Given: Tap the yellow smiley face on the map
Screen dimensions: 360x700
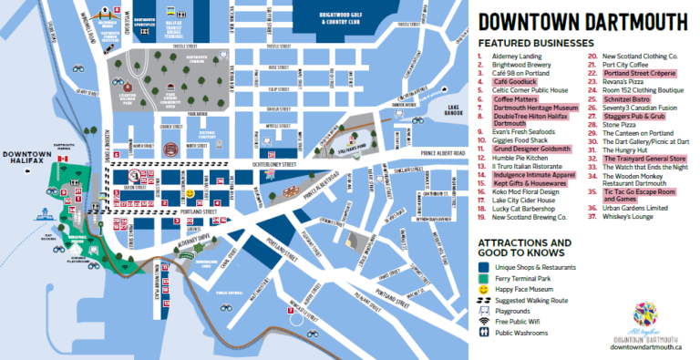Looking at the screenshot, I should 190,194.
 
